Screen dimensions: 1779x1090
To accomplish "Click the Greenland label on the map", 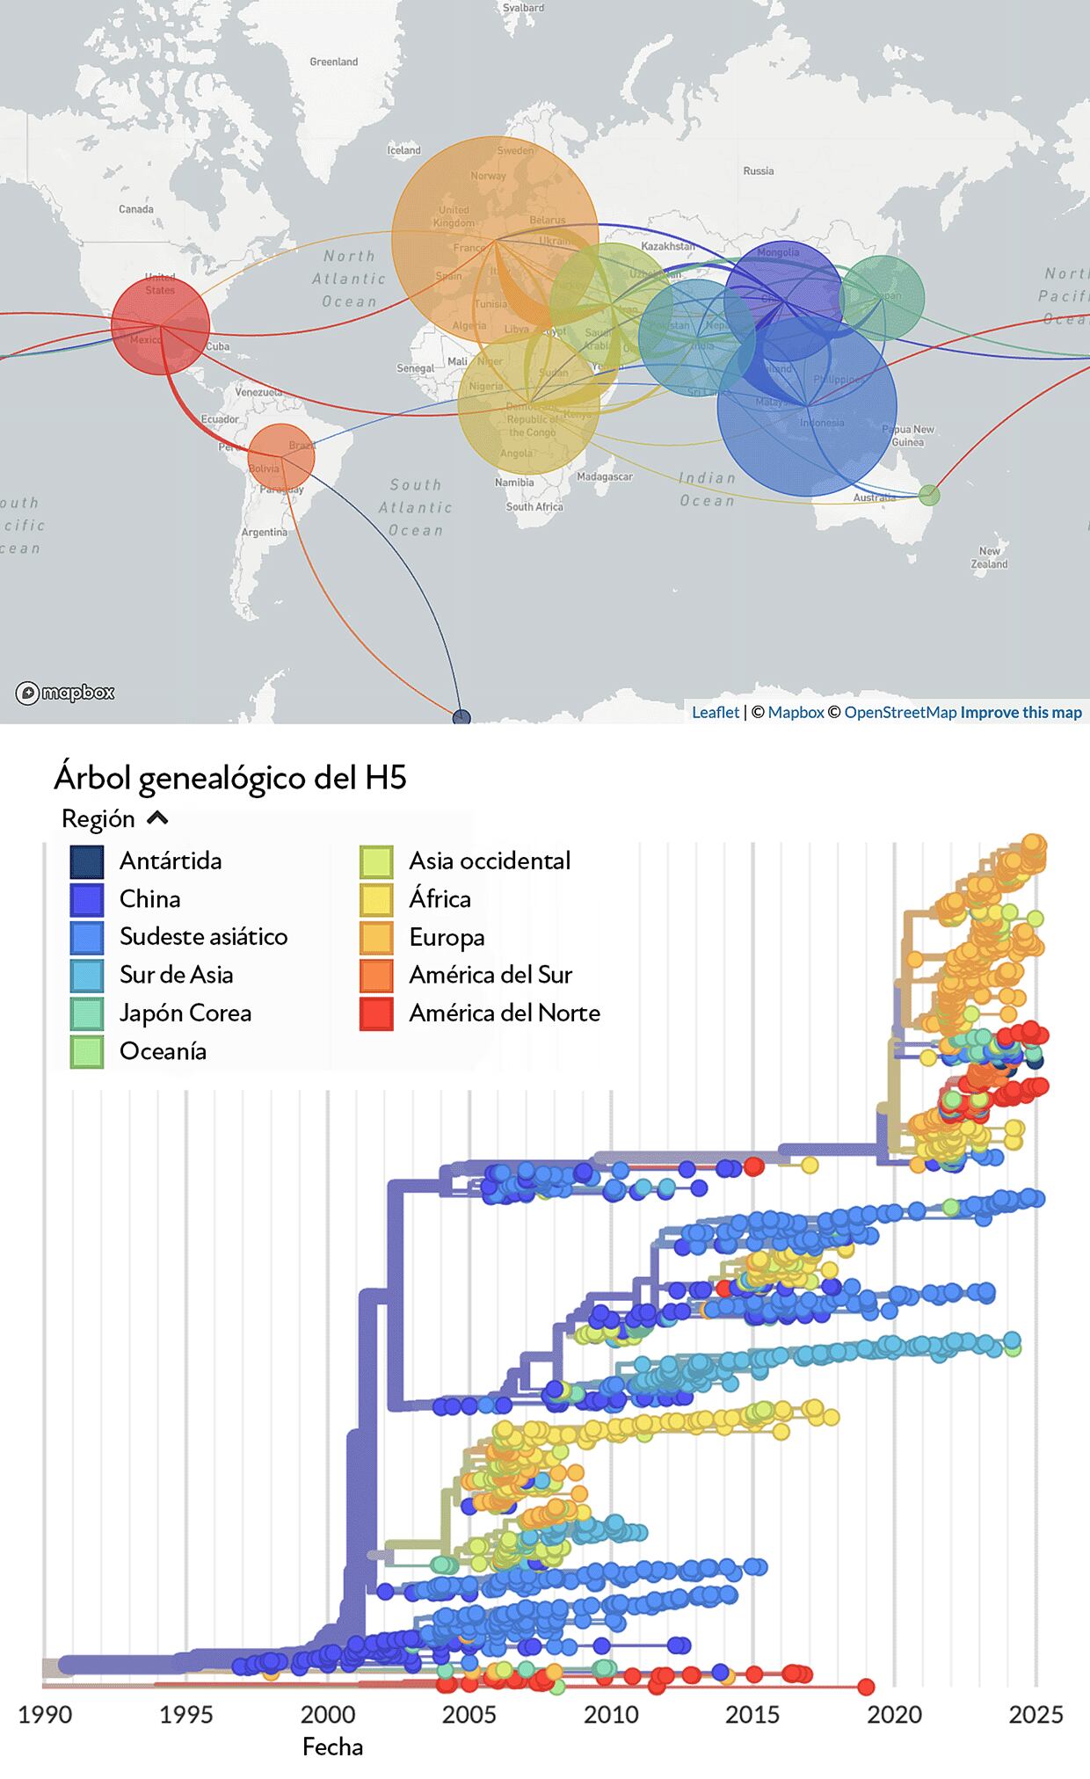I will pyautogui.click(x=334, y=62).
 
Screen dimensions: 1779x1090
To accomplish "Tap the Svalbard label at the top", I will pyautogui.click(x=523, y=8).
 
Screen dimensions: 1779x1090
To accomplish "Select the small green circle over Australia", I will pyautogui.click(x=929, y=495).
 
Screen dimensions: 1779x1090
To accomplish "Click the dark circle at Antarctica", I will pyautogui.click(x=461, y=717).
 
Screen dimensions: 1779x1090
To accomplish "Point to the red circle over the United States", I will pyautogui.click(x=160, y=325).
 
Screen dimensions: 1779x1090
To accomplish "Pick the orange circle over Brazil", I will pyautogui.click(x=281, y=456).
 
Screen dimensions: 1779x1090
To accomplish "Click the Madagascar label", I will pyautogui.click(x=605, y=476).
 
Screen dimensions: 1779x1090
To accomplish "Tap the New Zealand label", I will pyautogui.click(x=989, y=558).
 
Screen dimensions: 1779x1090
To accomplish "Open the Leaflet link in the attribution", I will pyautogui.click(x=715, y=712).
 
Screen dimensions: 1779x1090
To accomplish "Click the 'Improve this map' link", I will pyautogui.click(x=1021, y=712).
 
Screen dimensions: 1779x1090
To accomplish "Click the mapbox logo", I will pyautogui.click(x=65, y=693).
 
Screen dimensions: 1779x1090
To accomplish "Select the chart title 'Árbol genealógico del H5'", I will pyautogui.click(x=230, y=778).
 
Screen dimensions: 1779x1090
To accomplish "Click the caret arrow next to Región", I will pyautogui.click(x=157, y=818).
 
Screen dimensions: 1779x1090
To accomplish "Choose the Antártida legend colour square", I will pyautogui.click(x=87, y=861).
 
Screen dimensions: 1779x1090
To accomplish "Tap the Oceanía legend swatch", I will pyautogui.click(x=87, y=1051).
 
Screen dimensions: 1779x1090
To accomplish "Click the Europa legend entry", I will pyautogui.click(x=447, y=938).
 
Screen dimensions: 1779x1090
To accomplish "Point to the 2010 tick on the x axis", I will pyautogui.click(x=611, y=1714).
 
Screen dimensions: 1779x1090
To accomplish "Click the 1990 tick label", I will pyautogui.click(x=45, y=1714).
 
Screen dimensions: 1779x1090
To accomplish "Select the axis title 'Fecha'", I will pyautogui.click(x=332, y=1746).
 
